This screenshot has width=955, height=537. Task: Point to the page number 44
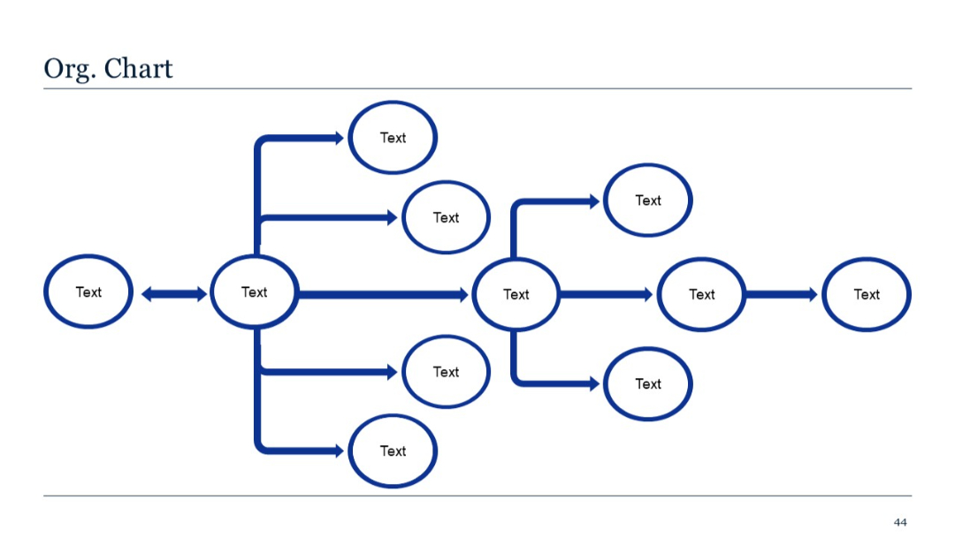point(900,522)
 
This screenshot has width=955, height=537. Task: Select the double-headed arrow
point(173,294)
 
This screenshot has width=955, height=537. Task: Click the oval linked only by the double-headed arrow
point(88,292)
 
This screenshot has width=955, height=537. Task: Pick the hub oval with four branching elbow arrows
point(255,292)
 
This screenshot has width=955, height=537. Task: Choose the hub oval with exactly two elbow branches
point(516,294)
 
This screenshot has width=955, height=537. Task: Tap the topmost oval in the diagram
point(393,138)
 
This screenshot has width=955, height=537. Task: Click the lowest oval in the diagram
point(393,450)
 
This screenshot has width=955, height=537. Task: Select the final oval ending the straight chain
point(867,294)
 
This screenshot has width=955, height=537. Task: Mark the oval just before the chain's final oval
point(702,294)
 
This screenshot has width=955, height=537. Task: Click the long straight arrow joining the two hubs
point(380,294)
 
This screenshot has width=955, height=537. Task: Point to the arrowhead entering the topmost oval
point(339,138)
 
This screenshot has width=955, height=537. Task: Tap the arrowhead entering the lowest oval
point(339,450)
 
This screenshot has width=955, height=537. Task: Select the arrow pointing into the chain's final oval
point(782,294)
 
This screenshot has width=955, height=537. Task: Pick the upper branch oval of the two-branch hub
point(648,200)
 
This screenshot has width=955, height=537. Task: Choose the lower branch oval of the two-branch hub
point(648,384)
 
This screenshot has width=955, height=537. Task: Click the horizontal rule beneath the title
point(477,88)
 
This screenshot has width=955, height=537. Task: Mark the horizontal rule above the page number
point(477,496)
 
